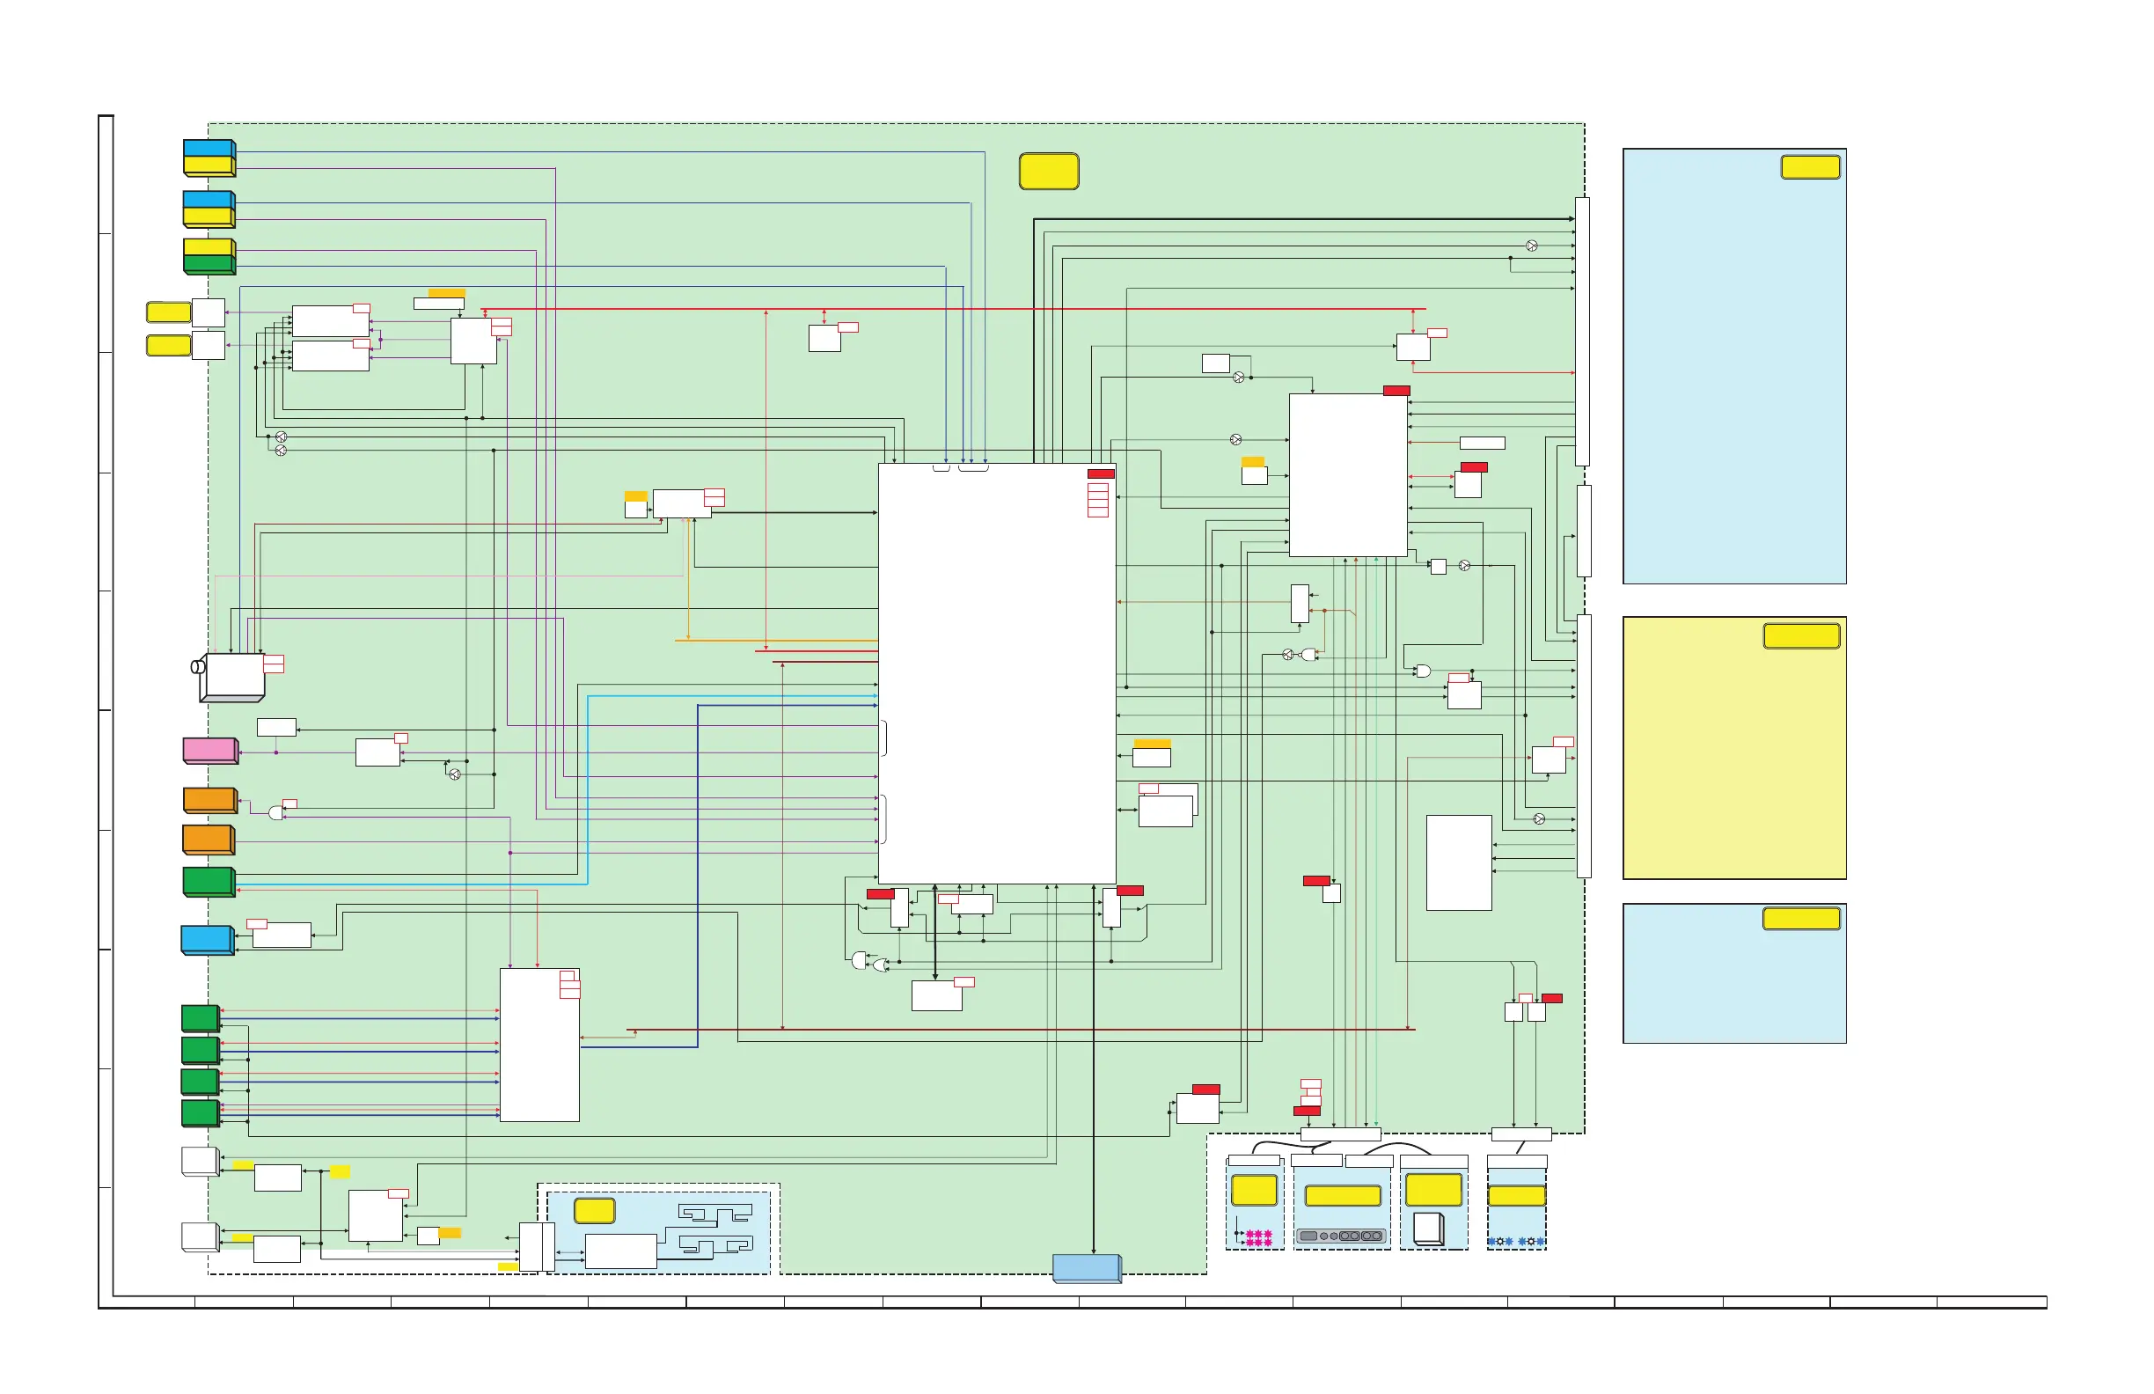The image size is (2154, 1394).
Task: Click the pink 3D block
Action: pos(210,751)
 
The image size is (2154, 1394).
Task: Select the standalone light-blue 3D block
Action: pos(208,940)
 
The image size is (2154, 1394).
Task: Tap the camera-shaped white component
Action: pos(232,677)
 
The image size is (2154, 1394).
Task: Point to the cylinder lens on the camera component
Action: pos(198,667)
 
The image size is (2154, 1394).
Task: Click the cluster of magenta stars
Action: pos(1259,1237)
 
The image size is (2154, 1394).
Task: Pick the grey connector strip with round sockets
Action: pos(1341,1236)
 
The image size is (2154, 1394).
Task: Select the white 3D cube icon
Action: pos(1428,1229)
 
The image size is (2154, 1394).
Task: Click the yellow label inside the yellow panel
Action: pos(1801,636)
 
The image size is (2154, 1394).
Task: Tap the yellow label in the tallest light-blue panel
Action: pos(1810,166)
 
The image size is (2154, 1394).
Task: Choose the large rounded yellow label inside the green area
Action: pos(1049,171)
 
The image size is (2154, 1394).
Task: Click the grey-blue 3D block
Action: pos(1087,1268)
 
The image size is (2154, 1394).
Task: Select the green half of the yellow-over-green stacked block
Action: pos(209,264)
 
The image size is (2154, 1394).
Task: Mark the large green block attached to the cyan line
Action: pos(209,882)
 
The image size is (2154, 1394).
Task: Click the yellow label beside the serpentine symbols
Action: pos(595,1210)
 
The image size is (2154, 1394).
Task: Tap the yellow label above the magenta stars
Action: pos(1255,1190)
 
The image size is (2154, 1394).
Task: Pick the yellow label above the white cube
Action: pos(1433,1190)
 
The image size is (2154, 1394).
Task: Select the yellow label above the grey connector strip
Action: pos(1342,1196)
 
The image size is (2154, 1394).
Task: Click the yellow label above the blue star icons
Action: pos(1517,1196)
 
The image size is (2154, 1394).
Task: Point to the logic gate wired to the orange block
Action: pos(276,813)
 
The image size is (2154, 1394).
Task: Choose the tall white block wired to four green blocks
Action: pos(539,1045)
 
